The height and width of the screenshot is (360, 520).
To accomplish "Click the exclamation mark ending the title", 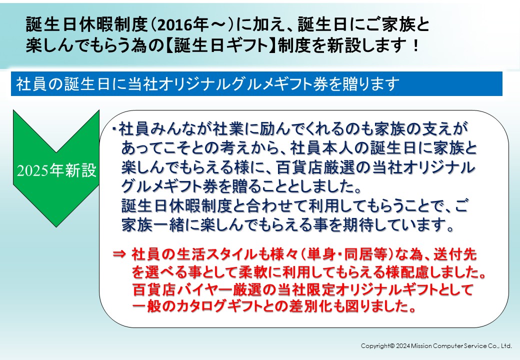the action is tap(415, 45).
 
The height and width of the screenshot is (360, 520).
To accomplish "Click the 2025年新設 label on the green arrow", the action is tap(56, 170).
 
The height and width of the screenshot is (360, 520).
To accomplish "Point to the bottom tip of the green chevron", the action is tap(56, 226).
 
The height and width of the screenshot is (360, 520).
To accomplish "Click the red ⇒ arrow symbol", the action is tap(119, 254).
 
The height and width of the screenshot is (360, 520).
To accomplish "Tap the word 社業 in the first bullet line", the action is tap(228, 128).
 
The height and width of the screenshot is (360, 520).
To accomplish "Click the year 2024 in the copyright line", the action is tap(402, 345).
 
